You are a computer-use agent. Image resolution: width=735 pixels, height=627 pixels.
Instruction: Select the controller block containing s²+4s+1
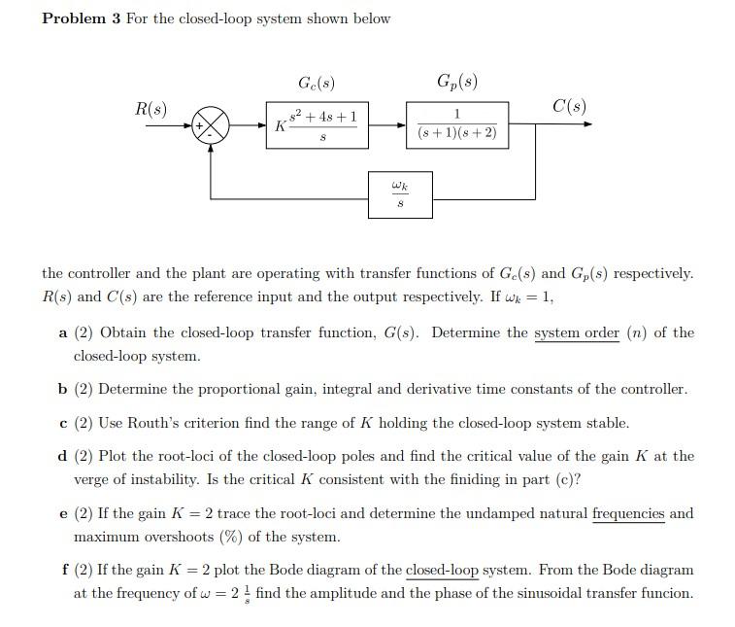(x=318, y=125)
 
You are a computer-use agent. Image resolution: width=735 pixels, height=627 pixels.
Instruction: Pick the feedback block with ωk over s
(x=400, y=194)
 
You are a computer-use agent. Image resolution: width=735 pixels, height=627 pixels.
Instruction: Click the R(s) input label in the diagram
(x=149, y=108)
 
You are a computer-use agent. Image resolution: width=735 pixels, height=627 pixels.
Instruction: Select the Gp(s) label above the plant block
(x=457, y=81)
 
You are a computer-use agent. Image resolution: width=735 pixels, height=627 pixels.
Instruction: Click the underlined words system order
(x=576, y=333)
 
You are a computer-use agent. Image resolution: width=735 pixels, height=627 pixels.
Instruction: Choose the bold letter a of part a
(x=62, y=333)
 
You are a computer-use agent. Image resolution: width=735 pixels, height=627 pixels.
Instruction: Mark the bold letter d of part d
(x=62, y=456)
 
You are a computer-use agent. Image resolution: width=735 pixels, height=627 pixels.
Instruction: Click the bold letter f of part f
(x=61, y=571)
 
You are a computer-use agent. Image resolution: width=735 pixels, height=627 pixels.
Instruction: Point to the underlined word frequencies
(x=628, y=513)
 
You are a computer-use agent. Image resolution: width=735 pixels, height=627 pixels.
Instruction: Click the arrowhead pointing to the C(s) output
(x=585, y=124)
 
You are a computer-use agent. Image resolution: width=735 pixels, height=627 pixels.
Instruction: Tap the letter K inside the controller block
(x=280, y=126)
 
